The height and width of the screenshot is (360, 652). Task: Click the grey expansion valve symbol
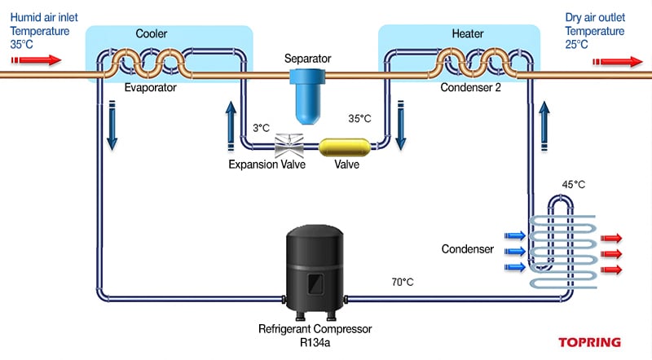coord(290,146)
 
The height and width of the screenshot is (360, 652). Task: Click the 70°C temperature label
coord(402,282)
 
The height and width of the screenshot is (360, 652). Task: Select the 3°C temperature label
coord(261,128)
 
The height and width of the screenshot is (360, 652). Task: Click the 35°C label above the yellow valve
coord(359,118)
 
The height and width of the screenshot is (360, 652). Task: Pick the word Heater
coord(468,34)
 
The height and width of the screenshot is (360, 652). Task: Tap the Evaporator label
coord(151,87)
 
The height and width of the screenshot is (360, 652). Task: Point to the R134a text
coord(315,343)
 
